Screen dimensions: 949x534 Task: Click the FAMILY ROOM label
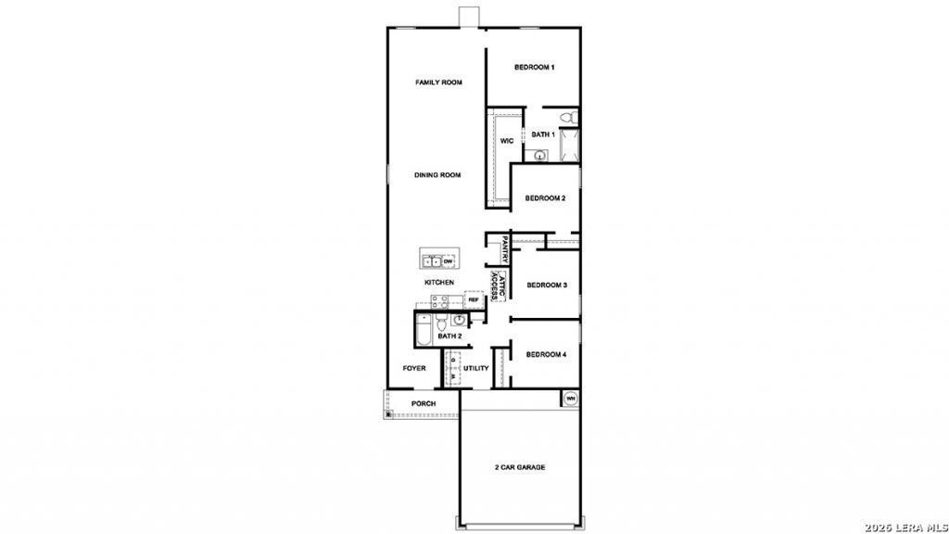tap(438, 83)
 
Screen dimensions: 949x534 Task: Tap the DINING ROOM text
tap(437, 175)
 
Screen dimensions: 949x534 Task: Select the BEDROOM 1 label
tap(535, 67)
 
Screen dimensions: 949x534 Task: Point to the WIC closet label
tap(507, 141)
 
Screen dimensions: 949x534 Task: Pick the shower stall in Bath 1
tap(569, 146)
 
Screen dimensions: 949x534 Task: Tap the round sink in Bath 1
tap(540, 156)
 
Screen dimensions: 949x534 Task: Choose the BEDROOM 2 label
tap(545, 198)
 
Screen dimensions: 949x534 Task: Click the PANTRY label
tap(505, 248)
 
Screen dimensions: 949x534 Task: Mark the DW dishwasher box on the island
tap(448, 261)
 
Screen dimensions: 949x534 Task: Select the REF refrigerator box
tap(474, 299)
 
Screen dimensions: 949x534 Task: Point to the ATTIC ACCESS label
tap(498, 286)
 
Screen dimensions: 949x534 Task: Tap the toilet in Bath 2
tap(441, 320)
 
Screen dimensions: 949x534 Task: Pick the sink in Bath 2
tap(460, 320)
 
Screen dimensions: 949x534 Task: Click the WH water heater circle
tap(570, 399)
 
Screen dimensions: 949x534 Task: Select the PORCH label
tap(424, 404)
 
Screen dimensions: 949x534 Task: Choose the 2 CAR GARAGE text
tap(520, 467)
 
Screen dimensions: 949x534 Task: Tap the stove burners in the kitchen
tap(439, 301)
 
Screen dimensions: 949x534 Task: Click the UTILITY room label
tap(475, 368)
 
